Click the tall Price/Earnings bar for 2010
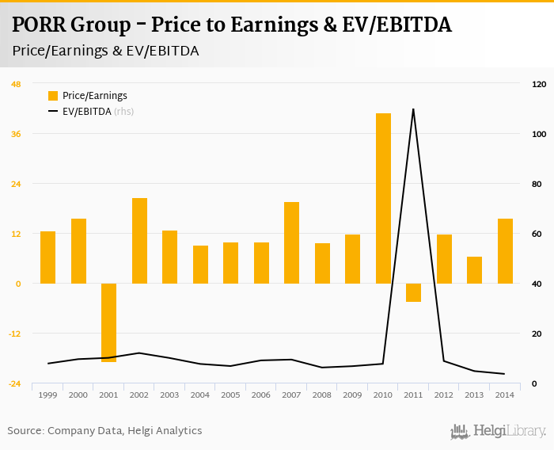383,198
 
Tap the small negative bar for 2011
413,292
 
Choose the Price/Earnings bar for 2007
291,242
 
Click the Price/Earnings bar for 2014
505,250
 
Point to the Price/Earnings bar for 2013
474,269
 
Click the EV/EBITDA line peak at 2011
413,109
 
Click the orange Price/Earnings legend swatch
53,96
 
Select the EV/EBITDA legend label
87,112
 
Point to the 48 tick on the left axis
16,84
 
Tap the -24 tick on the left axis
15,383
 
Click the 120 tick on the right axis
538,84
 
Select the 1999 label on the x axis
47,395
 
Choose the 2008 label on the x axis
321,395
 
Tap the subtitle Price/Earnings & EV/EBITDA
106,51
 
